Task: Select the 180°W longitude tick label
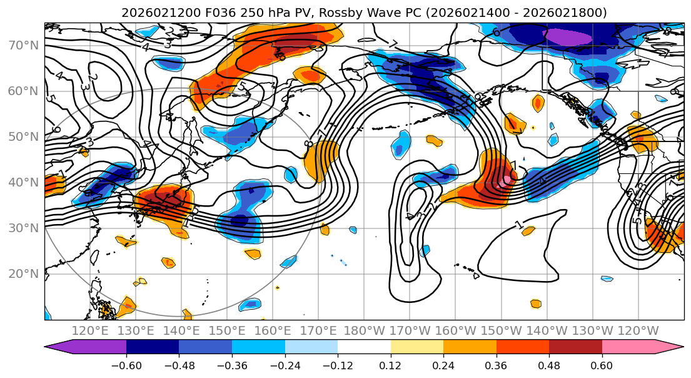[364, 330]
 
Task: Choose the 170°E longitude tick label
[318, 330]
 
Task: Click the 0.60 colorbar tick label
[602, 364]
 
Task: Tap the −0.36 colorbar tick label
[231, 364]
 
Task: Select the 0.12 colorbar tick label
[390, 364]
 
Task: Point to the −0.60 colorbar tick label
[126, 364]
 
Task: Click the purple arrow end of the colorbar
[59, 347]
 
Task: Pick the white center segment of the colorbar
[364, 347]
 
